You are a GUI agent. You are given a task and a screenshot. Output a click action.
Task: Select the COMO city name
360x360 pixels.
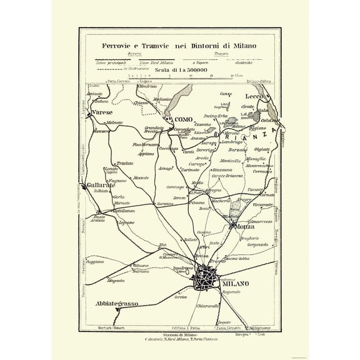pos(183,119)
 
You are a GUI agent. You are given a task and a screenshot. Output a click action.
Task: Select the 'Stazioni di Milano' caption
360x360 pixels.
pos(181,336)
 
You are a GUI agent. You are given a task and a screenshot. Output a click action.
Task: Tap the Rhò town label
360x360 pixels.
pos(163,244)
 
